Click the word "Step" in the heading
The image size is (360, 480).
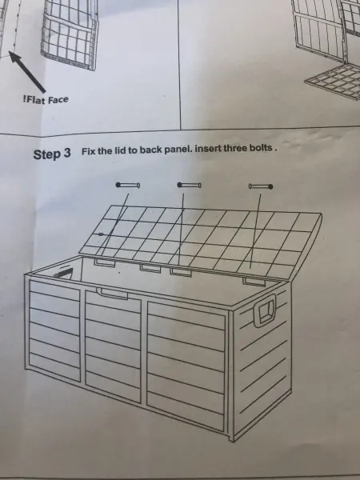click(x=47, y=154)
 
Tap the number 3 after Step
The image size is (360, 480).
click(x=67, y=153)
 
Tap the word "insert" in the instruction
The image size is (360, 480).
click(x=208, y=149)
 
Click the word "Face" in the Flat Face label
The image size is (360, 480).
click(x=58, y=99)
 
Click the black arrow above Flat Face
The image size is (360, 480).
click(x=27, y=72)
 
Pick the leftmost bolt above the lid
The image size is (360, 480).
click(x=128, y=185)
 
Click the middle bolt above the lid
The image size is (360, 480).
click(x=189, y=185)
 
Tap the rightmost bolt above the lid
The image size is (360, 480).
click(x=261, y=186)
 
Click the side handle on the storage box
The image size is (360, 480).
click(x=265, y=310)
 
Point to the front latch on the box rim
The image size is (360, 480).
click(x=112, y=294)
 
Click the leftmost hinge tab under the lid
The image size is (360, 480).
click(x=104, y=262)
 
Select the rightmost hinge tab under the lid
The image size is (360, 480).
click(x=254, y=282)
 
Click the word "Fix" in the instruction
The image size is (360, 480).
click(x=88, y=151)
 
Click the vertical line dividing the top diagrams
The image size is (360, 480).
click(x=179, y=64)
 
